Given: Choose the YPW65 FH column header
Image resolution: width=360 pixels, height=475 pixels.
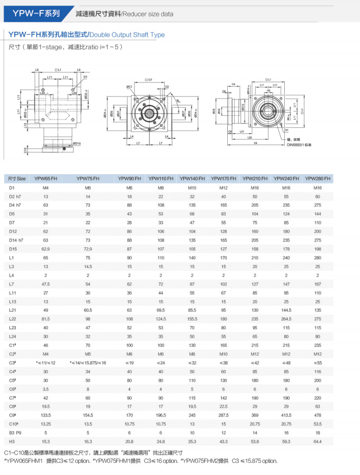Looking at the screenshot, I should click(x=46, y=178).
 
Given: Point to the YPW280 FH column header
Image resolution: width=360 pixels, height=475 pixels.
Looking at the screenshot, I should click(x=318, y=178).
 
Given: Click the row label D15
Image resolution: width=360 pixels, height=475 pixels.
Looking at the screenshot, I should click(x=13, y=249).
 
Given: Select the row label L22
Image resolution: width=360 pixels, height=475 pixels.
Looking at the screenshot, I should click(x=13, y=319).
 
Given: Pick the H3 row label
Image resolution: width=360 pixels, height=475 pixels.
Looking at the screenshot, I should click(x=12, y=441).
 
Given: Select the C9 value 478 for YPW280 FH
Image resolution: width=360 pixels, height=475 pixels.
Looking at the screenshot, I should click(x=318, y=415).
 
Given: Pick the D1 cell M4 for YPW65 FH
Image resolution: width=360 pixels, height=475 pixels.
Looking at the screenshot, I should click(x=46, y=188).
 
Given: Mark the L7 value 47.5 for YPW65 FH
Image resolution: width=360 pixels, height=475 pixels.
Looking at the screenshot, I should click(x=46, y=284).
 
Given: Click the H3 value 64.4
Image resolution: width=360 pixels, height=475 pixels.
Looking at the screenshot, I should click(x=318, y=441).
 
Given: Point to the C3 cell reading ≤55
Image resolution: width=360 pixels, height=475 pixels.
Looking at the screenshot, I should click(x=318, y=362).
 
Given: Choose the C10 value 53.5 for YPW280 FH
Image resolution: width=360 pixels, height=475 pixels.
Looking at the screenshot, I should click(x=318, y=423).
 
